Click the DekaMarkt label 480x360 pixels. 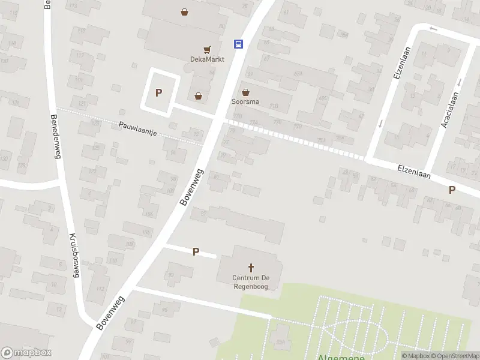(207, 59)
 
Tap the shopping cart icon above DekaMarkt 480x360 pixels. (207, 50)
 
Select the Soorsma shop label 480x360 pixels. (245, 101)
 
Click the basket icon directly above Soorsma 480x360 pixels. (245, 92)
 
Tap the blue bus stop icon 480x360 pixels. (238, 44)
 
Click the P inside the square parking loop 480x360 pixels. (159, 93)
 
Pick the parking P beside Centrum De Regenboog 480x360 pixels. (196, 252)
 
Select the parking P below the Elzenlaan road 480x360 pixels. (452, 190)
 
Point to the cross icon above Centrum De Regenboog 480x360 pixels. (251, 268)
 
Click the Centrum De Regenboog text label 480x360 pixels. (251, 282)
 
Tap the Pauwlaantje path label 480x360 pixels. (137, 128)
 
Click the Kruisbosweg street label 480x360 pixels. (74, 256)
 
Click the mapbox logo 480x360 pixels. (25, 353)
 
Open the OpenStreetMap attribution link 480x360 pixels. (454, 356)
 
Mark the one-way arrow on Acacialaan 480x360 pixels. (459, 82)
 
